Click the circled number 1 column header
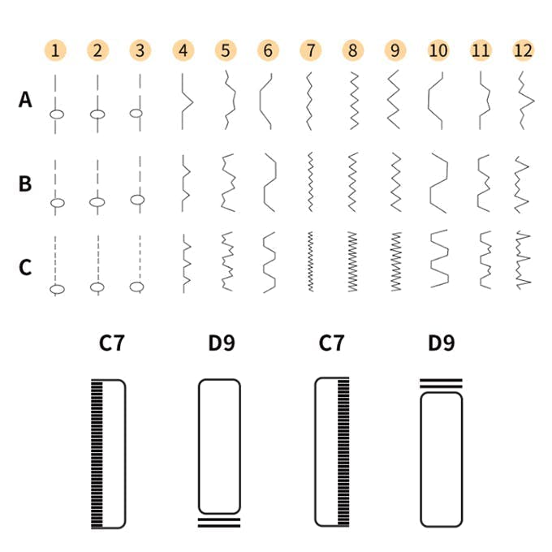tap(54, 50)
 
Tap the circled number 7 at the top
tap(309, 50)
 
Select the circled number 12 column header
tap(524, 50)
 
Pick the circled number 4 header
tap(183, 50)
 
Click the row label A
tap(25, 100)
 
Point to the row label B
tap(25, 183)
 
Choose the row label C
tap(25, 266)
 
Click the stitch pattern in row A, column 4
tap(185, 101)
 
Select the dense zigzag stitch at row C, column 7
tap(309, 261)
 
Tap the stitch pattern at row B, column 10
tap(438, 183)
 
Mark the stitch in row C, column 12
tap(524, 260)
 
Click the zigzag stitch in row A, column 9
tap(394, 99)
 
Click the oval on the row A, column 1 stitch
tap(56, 114)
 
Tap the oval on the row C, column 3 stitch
tap(137, 286)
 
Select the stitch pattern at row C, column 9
tap(396, 261)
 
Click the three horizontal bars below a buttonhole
tap(219, 522)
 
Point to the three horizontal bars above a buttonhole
tap(441, 384)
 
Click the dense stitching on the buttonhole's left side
tap(98, 454)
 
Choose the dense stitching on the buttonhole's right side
tap(343, 454)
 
